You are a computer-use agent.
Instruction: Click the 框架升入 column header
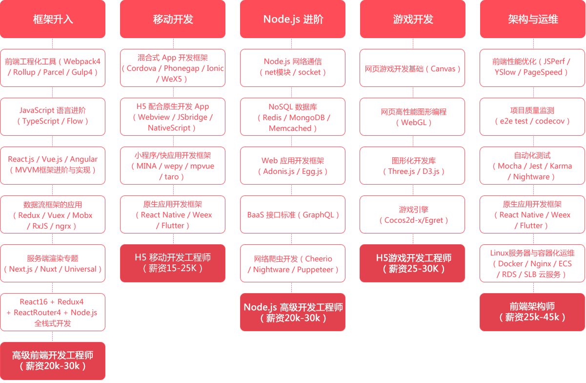tap(53, 20)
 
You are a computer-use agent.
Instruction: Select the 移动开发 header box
tap(173, 20)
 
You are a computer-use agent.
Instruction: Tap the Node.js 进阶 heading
tap(293, 20)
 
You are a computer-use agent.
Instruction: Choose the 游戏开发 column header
tap(413, 20)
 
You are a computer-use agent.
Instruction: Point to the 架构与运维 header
tap(533, 20)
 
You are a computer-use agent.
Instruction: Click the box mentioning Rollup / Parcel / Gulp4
tap(53, 67)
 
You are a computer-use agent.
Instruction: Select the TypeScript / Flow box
tap(53, 116)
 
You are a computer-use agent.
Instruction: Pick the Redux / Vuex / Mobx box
tap(53, 214)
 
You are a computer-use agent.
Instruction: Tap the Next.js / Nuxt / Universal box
tap(53, 263)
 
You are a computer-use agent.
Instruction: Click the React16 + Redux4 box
tap(53, 312)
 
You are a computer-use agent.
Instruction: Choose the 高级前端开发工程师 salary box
tap(53, 361)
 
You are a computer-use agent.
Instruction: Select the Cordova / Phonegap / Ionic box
tap(173, 67)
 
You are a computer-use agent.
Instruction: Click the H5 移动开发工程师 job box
tap(173, 263)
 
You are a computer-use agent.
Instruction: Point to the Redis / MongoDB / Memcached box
tap(293, 117)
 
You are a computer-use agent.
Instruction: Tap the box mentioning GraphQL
tap(293, 214)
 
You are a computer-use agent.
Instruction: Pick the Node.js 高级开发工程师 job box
tap(293, 312)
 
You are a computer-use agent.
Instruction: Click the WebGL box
tap(413, 117)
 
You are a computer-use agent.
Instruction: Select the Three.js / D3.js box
tap(413, 166)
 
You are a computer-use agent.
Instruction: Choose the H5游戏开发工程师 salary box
tap(413, 263)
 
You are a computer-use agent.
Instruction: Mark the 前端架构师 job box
tap(532, 312)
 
